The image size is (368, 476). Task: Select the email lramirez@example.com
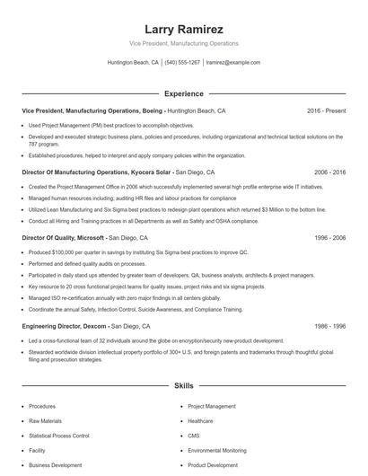(233, 63)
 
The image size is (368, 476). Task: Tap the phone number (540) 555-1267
(182, 63)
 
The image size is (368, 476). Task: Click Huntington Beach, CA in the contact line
(133, 63)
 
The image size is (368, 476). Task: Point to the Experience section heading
(183, 93)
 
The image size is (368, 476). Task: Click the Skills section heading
(183, 385)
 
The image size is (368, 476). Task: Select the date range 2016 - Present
(326, 110)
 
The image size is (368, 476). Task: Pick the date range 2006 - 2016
(328, 172)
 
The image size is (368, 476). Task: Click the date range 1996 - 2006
(328, 238)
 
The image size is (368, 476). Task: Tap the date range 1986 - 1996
(328, 327)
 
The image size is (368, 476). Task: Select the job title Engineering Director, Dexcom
(64, 327)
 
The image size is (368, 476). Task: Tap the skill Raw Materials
(46, 420)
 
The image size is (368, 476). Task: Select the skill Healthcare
(201, 420)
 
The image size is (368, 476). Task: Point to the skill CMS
(194, 436)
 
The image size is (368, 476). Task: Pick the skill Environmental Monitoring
(218, 451)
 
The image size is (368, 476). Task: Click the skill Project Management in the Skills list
(212, 406)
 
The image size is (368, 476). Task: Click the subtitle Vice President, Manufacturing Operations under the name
(183, 43)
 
